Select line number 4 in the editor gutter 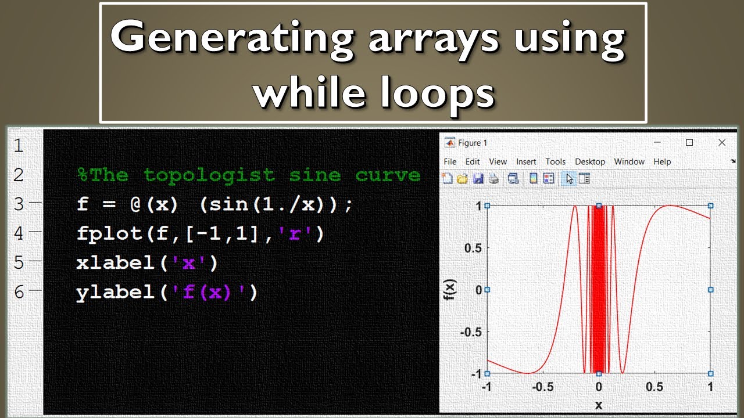(19, 233)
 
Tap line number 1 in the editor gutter (19, 145)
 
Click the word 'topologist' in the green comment (209, 175)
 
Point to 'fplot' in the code (108, 234)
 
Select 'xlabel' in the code (115, 263)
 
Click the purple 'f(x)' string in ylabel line (211, 292)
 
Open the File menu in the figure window (450, 162)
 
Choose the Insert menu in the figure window (526, 162)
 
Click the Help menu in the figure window (662, 162)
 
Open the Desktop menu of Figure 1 (590, 162)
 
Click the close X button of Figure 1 (722, 143)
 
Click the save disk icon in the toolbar (478, 179)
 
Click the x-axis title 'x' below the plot (599, 405)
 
